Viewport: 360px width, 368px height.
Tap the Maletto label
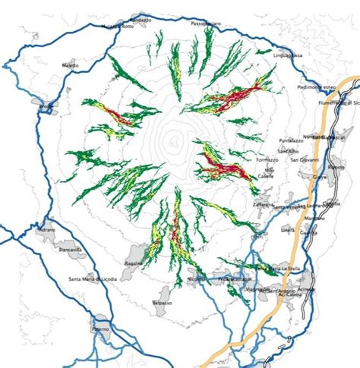pyautogui.click(x=71, y=66)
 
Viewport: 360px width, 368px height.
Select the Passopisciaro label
pyautogui.click(x=206, y=24)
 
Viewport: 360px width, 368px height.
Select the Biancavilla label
pyautogui.click(x=72, y=248)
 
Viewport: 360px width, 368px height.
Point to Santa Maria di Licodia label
pyautogui.click(x=95, y=282)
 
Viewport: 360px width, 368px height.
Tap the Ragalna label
pyautogui.click(x=135, y=261)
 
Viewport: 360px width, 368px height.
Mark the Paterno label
pyautogui.click(x=100, y=329)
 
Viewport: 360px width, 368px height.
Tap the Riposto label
pyautogui.click(x=336, y=158)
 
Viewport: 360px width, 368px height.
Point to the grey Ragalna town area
pyautogui.click(x=138, y=252)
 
